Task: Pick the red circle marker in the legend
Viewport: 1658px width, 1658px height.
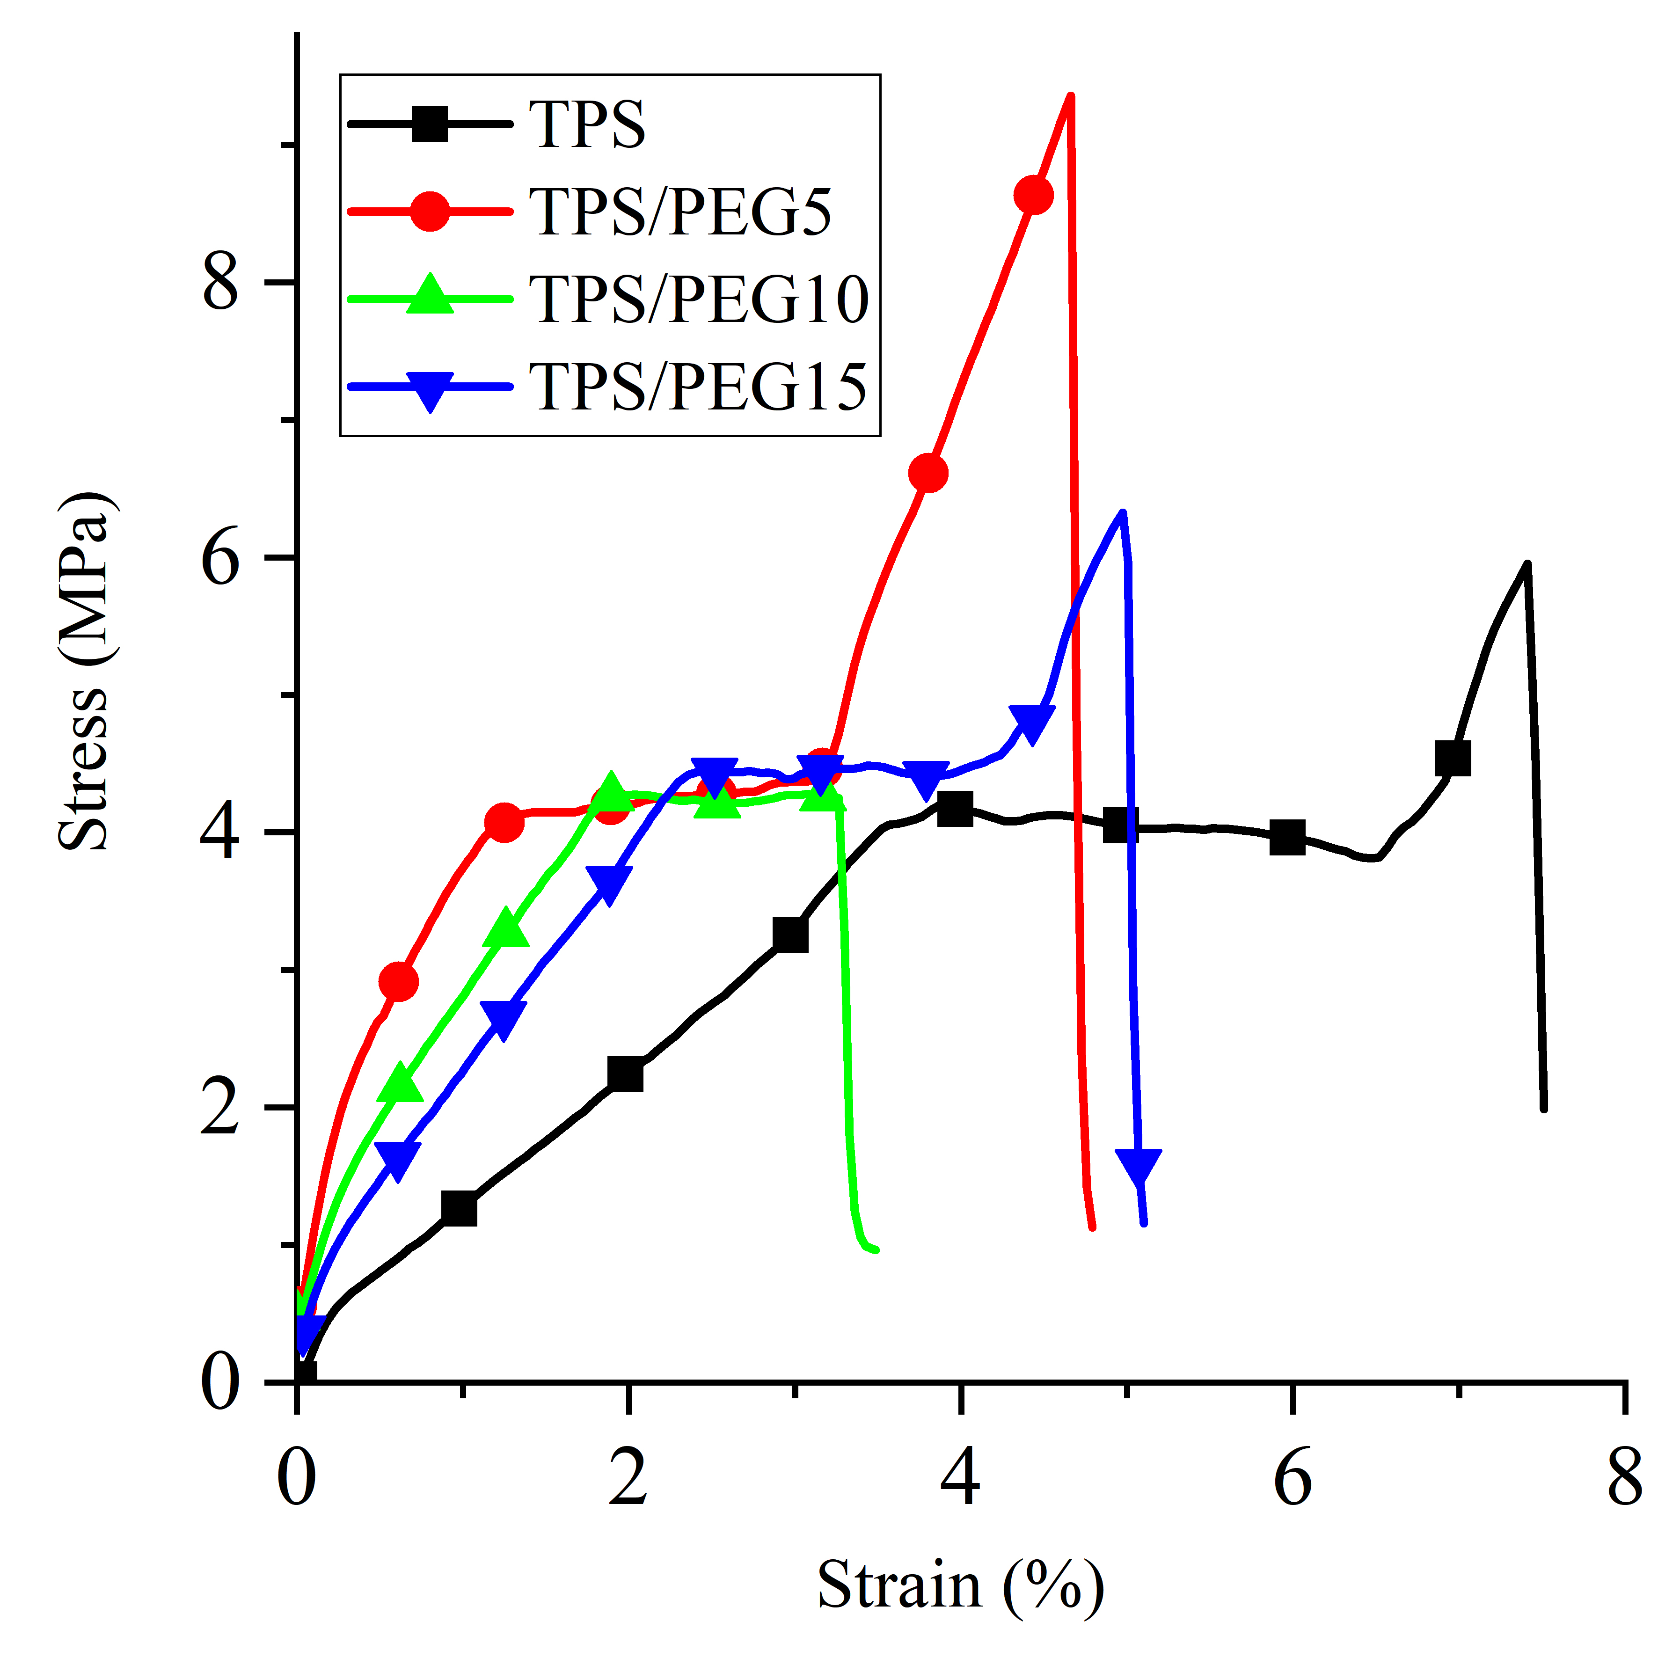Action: (430, 211)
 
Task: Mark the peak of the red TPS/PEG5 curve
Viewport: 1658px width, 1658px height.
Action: (1070, 95)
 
